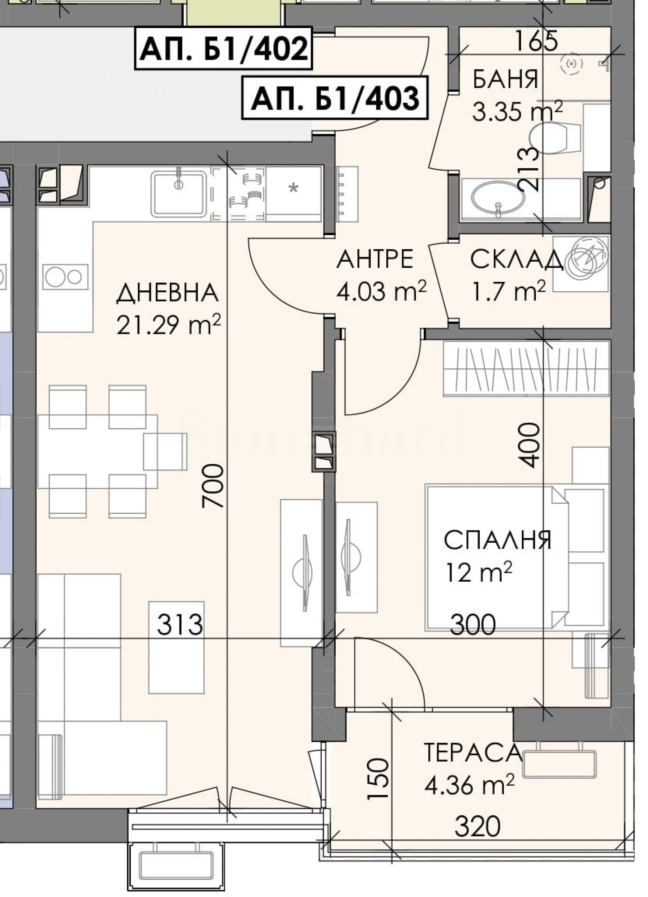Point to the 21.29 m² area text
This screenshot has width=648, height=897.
[x=168, y=325]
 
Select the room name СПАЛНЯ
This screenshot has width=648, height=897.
[x=498, y=540]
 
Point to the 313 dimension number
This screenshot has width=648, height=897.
[x=180, y=625]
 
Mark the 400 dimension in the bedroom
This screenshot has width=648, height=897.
[x=528, y=445]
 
